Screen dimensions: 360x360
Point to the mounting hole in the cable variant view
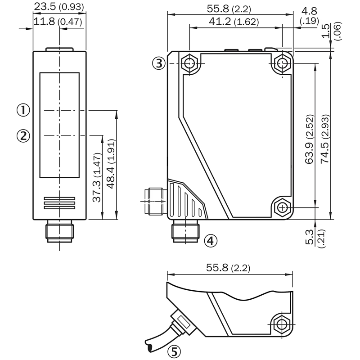[x=282, y=324]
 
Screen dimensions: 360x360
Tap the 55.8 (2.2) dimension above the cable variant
[x=228, y=268]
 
